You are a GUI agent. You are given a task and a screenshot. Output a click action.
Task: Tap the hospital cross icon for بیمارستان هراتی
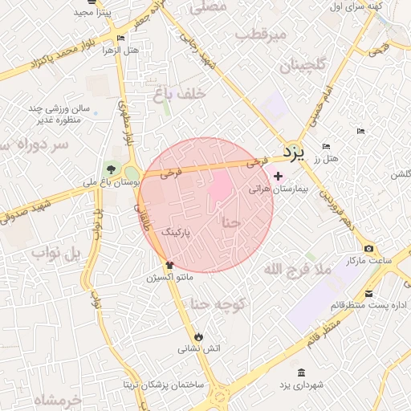[278, 177]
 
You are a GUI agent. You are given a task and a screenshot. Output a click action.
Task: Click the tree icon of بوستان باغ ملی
[110, 169]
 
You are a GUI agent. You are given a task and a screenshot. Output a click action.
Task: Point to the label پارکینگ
[177, 232]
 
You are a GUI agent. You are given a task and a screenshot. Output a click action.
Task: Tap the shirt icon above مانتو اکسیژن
[169, 264]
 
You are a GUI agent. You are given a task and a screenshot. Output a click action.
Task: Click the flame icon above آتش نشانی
[198, 336]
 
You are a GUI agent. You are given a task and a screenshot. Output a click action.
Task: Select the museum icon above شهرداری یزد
[301, 373]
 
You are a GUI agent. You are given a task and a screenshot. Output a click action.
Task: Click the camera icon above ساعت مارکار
[368, 249]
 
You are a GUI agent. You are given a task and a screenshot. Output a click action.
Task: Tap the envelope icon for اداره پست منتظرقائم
[368, 293]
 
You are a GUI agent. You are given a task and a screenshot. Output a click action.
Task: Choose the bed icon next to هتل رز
[325, 146]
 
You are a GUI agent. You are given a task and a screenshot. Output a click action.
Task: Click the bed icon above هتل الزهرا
[120, 38]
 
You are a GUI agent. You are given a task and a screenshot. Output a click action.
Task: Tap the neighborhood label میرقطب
[262, 35]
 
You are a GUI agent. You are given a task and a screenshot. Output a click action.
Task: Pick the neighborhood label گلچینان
[302, 66]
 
